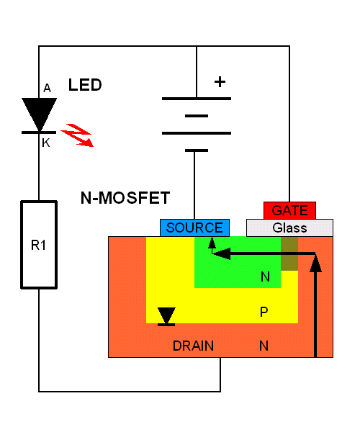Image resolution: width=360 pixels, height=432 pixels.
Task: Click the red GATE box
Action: pos(289,210)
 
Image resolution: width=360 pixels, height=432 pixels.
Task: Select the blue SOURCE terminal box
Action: pos(194,228)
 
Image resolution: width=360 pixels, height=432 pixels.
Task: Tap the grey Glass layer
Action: pos(289,228)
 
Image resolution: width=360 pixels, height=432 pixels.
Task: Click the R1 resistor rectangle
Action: pos(39,245)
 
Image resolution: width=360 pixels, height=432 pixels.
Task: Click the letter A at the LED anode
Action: pos(47,88)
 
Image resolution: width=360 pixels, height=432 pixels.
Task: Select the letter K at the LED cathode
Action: pos(46,143)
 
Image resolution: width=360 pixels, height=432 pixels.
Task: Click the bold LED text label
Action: pos(85,85)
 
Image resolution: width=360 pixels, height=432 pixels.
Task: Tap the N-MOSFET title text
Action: pos(125,198)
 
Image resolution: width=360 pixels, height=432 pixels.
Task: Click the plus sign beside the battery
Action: pos(220,82)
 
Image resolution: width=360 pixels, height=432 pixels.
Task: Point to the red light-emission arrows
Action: pos(77,135)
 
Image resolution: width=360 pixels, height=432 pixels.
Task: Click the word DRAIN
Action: pos(193,346)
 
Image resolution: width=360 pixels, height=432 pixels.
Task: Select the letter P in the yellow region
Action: pos(264,312)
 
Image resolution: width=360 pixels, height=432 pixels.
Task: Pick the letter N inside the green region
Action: pos(265,276)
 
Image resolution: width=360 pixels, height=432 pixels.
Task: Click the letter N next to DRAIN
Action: pos(264,346)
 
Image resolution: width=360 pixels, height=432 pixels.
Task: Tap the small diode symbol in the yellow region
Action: pos(166,317)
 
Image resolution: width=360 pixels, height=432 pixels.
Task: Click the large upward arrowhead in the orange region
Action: pos(315,264)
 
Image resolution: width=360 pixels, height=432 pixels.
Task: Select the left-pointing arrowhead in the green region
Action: pos(222,253)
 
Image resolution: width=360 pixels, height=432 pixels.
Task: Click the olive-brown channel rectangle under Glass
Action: pos(289,253)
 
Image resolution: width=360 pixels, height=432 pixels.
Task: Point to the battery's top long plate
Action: pos(197,99)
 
